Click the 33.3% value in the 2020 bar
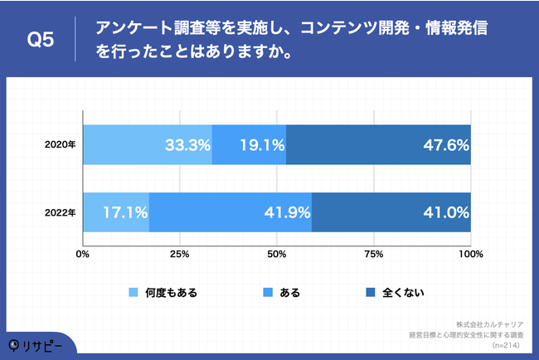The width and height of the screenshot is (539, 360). pyautogui.click(x=187, y=144)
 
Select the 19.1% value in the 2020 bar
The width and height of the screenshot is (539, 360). pyautogui.click(x=261, y=144)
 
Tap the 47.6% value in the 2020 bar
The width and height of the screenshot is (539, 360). pyautogui.click(x=445, y=144)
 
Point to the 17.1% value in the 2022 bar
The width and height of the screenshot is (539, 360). pyautogui.click(x=124, y=212)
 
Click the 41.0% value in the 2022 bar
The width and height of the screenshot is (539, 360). pyautogui.click(x=445, y=212)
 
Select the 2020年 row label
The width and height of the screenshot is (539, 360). pyautogui.click(x=61, y=144)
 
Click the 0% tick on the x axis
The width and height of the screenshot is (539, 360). pyautogui.click(x=83, y=254)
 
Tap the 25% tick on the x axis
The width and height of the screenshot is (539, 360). pyautogui.click(x=180, y=254)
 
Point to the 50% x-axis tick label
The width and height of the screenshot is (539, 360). pyautogui.click(x=277, y=254)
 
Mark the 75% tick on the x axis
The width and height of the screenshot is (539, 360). pyautogui.click(x=374, y=254)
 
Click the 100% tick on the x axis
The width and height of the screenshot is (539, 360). pyautogui.click(x=470, y=254)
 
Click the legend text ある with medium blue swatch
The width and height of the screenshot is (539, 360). pyautogui.click(x=290, y=292)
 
